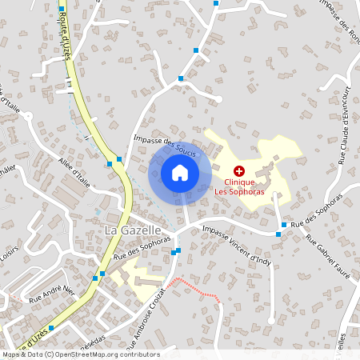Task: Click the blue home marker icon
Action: coord(180,173)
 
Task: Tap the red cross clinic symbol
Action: coord(238,170)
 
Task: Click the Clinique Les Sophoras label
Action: coord(238,186)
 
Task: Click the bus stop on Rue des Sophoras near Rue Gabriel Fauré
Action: coord(281,234)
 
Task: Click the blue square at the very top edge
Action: coord(216,3)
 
